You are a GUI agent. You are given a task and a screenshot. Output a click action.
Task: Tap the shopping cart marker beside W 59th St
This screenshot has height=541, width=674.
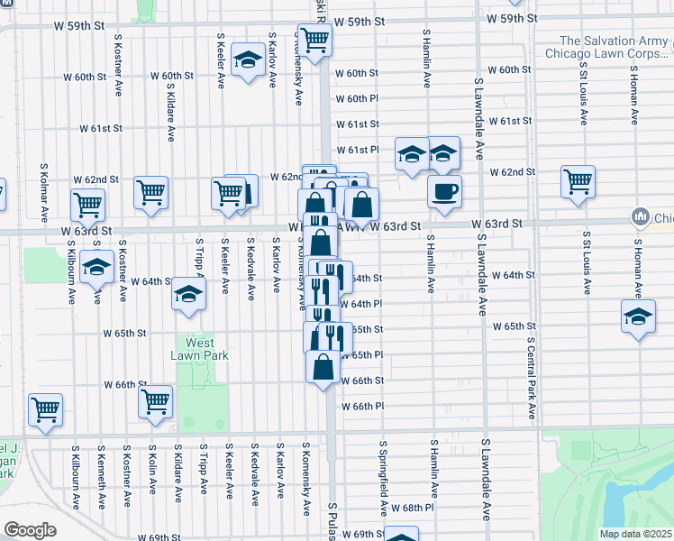point(314,39)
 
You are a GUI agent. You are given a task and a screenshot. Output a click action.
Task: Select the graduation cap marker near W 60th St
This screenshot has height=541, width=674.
point(246,60)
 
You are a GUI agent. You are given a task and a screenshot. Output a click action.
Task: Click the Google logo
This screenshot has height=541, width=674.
point(30,530)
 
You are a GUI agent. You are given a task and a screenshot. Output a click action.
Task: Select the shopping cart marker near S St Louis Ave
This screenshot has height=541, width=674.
point(578,180)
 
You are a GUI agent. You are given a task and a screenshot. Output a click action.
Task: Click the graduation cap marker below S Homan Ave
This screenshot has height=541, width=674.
point(638,316)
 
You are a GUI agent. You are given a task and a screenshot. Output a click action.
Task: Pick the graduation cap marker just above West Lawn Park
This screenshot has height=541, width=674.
point(188,295)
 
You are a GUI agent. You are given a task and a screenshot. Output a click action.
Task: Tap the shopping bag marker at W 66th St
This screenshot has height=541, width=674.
point(323,367)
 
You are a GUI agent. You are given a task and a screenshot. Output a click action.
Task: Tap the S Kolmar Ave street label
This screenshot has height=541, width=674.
point(43,193)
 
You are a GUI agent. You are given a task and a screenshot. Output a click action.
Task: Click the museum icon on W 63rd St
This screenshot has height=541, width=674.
point(641,217)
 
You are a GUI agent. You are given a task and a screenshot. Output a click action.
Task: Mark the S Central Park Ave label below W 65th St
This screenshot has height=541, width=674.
point(532,380)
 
